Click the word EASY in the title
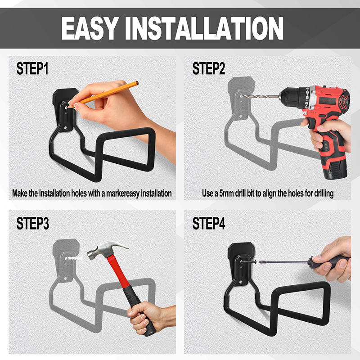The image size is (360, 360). coord(90,28)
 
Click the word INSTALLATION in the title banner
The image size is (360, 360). coord(204,28)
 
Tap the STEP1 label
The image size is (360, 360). coord(32,69)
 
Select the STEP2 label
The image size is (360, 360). coord(209,69)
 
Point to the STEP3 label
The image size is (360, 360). coord(32,223)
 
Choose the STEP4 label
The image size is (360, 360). coord(209,223)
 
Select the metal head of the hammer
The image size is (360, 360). coord(106,250)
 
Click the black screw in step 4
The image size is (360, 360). coord(248,261)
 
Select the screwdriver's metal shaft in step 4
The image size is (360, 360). coord(284,262)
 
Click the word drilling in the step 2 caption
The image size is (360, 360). coord(324,193)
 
